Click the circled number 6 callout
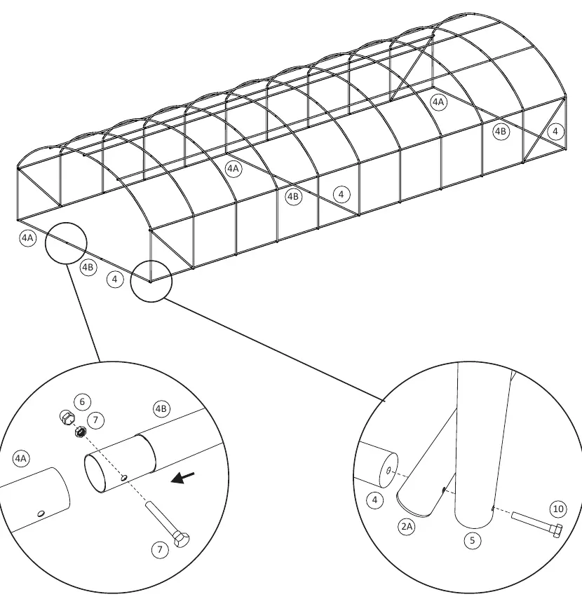tap(82, 401)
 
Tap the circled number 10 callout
tap(558, 509)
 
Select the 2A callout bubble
tap(407, 527)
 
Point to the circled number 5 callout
tap(472, 541)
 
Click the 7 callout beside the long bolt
tap(160, 550)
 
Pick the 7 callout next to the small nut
tap(95, 420)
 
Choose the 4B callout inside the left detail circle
tap(161, 408)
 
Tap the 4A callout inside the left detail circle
tap(21, 458)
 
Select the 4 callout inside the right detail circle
tap(374, 500)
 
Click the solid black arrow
tap(182, 478)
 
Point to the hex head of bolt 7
tap(182, 539)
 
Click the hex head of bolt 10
tap(557, 530)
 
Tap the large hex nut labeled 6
tap(67, 417)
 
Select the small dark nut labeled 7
tap(81, 432)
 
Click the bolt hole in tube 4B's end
tap(124, 478)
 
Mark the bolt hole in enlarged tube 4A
tap(41, 514)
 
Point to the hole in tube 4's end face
tap(388, 471)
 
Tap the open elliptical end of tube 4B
tap(95, 473)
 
